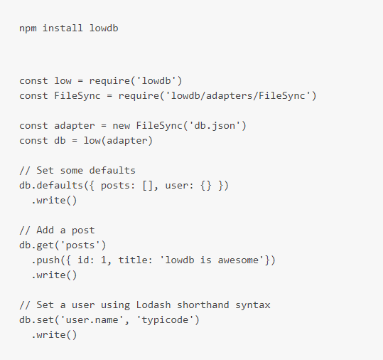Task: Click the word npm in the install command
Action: click(x=28, y=28)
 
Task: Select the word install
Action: click(x=63, y=28)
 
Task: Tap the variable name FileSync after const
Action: click(x=77, y=95)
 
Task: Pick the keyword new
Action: click(x=121, y=126)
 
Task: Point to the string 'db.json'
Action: click(x=215, y=126)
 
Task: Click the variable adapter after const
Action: click(x=74, y=126)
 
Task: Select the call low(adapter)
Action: click(x=118, y=141)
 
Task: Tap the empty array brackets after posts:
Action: click(x=147, y=186)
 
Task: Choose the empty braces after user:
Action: click(x=206, y=186)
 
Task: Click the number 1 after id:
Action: click(x=104, y=260)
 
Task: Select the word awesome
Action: click(x=238, y=260)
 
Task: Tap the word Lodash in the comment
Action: click(x=153, y=305)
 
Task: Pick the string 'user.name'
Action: click(x=92, y=320)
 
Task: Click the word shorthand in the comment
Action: click(x=203, y=305)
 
